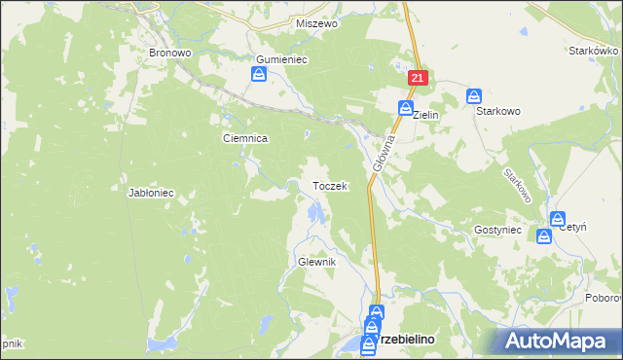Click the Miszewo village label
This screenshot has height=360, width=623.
pyautogui.click(x=316, y=23)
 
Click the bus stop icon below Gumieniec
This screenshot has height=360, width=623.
pyautogui.click(x=260, y=75)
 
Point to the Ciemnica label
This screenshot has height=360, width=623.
pyautogui.click(x=244, y=139)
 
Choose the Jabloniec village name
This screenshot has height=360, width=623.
pyautogui.click(x=150, y=193)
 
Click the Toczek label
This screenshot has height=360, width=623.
pyautogui.click(x=329, y=186)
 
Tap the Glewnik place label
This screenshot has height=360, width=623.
pyautogui.click(x=315, y=263)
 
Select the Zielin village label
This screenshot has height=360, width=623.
pyautogui.click(x=426, y=115)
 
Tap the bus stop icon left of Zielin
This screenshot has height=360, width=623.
pyautogui.click(x=405, y=108)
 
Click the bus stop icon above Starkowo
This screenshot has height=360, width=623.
pyautogui.click(x=474, y=95)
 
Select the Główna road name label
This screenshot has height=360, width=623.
pyautogui.click(x=381, y=153)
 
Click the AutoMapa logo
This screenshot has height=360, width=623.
pyautogui.click(x=559, y=341)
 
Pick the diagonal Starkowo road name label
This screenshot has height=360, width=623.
pyautogui.click(x=517, y=185)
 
